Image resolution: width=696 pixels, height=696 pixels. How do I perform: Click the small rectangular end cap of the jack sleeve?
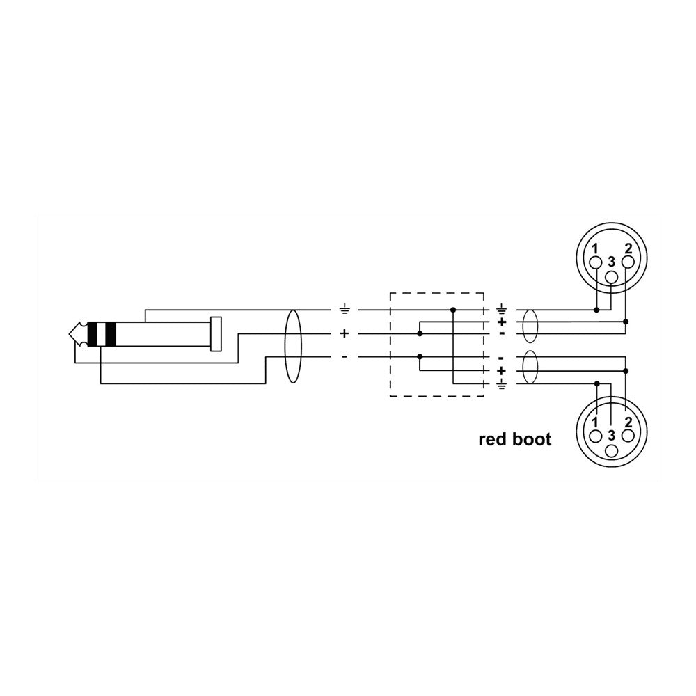point(216,334)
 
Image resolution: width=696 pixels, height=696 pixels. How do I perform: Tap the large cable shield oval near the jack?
point(292,346)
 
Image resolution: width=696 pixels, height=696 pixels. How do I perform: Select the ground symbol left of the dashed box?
point(344,310)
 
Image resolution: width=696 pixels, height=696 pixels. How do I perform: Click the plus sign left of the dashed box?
point(344,333)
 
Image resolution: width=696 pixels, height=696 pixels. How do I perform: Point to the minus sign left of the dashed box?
point(345,357)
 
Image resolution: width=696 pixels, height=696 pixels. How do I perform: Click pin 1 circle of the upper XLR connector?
point(596,263)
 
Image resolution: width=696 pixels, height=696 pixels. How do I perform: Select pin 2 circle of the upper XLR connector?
point(628,262)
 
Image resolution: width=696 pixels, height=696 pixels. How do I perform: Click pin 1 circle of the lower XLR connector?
point(596,436)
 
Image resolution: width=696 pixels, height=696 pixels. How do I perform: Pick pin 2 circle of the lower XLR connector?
point(628,436)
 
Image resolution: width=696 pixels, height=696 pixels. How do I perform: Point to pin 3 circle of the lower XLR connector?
point(612,451)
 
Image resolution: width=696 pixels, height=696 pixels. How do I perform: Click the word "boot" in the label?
point(532,439)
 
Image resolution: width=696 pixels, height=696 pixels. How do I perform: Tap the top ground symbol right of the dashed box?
point(502,310)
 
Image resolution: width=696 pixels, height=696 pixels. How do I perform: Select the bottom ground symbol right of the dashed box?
point(502,384)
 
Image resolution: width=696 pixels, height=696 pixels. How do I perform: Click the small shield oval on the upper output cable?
point(530,326)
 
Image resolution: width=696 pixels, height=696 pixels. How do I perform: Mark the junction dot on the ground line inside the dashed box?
point(453,310)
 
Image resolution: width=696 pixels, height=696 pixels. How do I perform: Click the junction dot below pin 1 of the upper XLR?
point(597,310)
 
